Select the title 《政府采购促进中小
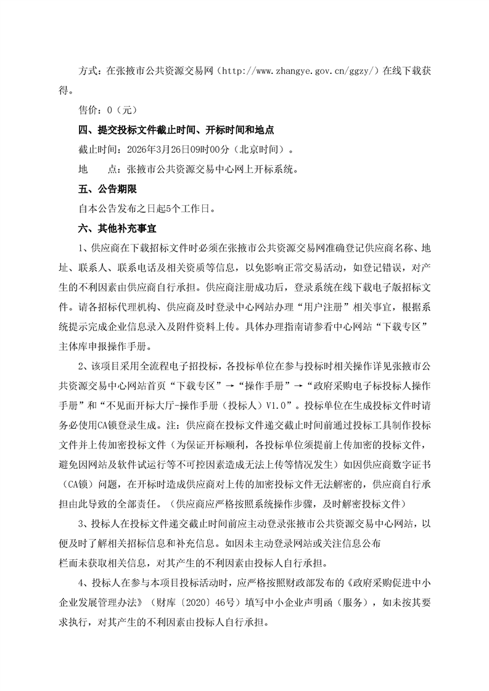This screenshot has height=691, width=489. [x=377, y=581]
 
